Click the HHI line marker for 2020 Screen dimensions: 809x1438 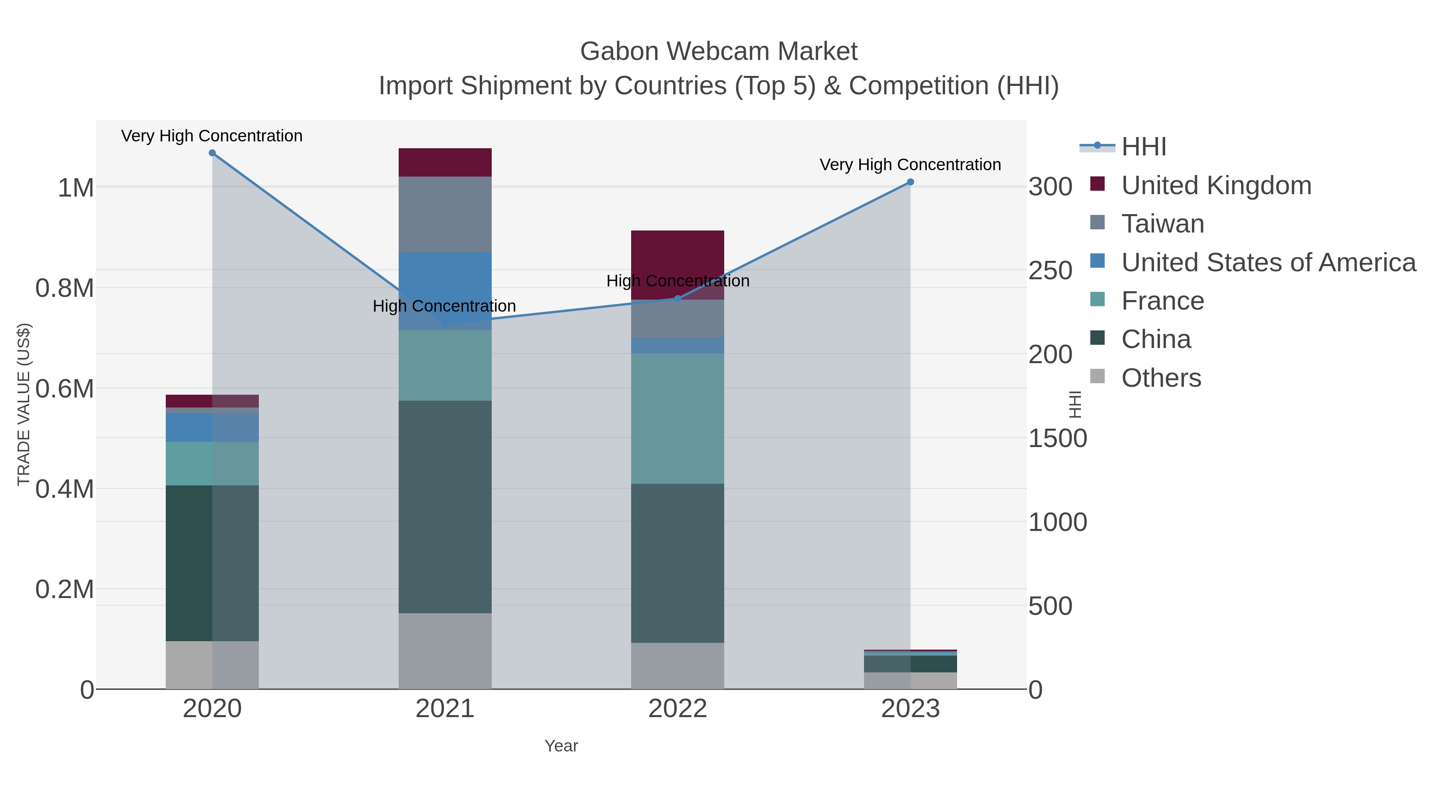[212, 153]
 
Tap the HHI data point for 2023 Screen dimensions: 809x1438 [910, 182]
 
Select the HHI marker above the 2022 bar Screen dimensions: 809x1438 [678, 299]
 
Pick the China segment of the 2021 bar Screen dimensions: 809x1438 [445, 507]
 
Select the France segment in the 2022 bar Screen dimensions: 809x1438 [678, 418]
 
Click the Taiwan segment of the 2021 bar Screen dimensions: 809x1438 [445, 215]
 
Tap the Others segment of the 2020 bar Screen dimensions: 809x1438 [212, 664]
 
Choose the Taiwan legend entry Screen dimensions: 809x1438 [1162, 224]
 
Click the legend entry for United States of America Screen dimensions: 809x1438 [1268, 262]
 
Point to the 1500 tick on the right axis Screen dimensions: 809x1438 [1057, 439]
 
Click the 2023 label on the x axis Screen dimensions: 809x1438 [910, 709]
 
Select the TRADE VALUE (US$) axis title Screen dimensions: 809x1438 [24, 404]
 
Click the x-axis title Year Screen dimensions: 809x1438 [561, 746]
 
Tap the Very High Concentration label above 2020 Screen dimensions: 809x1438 [212, 136]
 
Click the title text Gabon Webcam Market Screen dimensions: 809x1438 [719, 52]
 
